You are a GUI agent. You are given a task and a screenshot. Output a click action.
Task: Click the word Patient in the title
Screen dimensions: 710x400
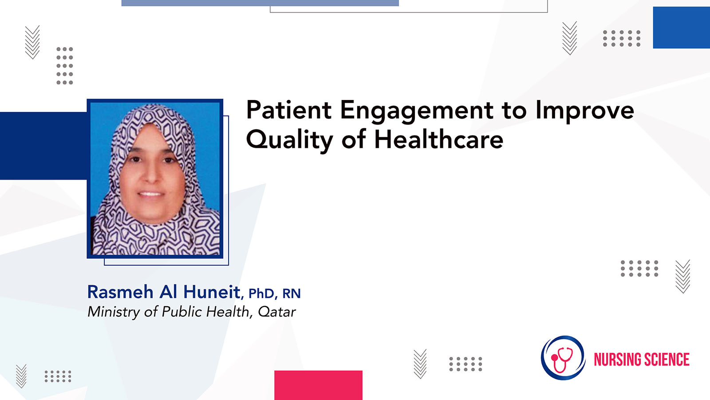[x=289, y=110]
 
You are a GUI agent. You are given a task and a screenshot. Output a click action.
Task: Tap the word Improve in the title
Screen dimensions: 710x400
[x=585, y=112]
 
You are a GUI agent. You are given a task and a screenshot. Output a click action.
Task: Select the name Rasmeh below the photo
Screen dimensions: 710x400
[x=120, y=292]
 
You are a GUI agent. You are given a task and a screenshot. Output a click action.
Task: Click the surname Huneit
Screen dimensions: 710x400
[x=212, y=292]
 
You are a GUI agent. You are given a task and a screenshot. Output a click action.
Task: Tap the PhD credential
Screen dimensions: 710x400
[x=261, y=294]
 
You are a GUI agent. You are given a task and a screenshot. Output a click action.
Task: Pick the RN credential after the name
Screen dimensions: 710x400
[x=291, y=294]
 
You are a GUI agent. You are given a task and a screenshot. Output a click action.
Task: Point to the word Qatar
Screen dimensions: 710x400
[x=277, y=312]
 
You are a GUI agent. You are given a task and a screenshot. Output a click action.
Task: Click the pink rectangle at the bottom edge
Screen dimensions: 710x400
[x=318, y=385]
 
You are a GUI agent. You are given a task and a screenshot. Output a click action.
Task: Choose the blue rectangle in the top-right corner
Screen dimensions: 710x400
[x=682, y=28]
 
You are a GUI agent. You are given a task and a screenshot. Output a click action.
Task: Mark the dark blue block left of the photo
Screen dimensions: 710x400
[x=43, y=146]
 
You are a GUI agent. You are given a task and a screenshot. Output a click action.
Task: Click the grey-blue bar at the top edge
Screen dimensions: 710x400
[x=260, y=3]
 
